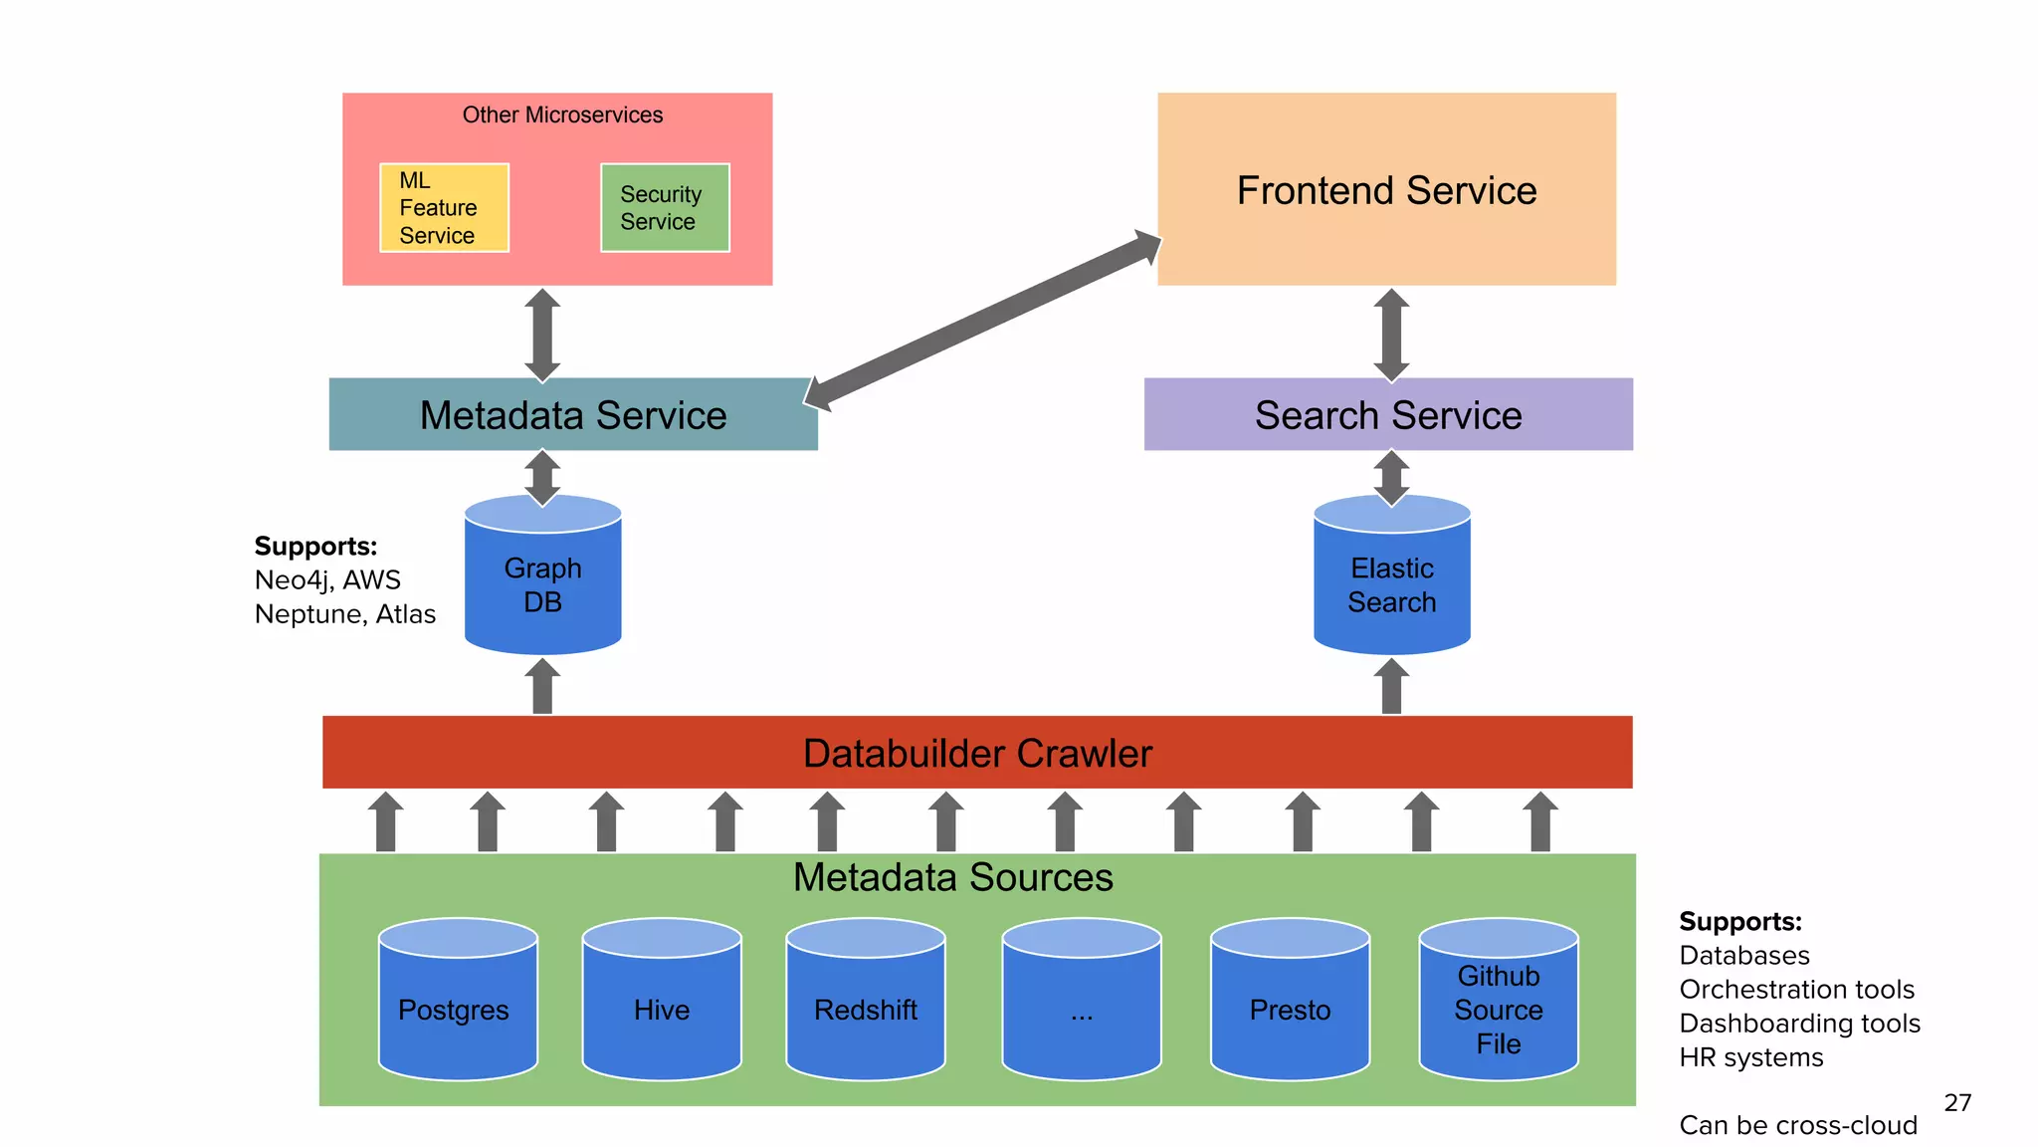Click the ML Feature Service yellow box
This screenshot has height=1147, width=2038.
[444, 208]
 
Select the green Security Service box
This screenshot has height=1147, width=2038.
[665, 208]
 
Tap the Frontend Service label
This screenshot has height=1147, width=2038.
[1386, 190]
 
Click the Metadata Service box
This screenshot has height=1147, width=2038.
[573, 415]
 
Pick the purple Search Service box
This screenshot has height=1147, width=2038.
[1388, 415]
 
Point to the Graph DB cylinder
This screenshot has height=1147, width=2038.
[543, 585]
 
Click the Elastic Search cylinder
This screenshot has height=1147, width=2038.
[1391, 585]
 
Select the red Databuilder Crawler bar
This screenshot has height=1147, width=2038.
[977, 753]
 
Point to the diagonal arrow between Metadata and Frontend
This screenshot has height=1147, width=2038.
[983, 321]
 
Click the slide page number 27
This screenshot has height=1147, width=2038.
[1957, 1102]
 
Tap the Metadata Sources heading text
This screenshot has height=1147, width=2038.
[952, 877]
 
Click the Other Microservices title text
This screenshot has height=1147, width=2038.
[562, 115]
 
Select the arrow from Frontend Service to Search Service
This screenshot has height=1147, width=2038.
[1391, 335]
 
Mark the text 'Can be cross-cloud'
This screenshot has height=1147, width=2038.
[1797, 1125]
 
